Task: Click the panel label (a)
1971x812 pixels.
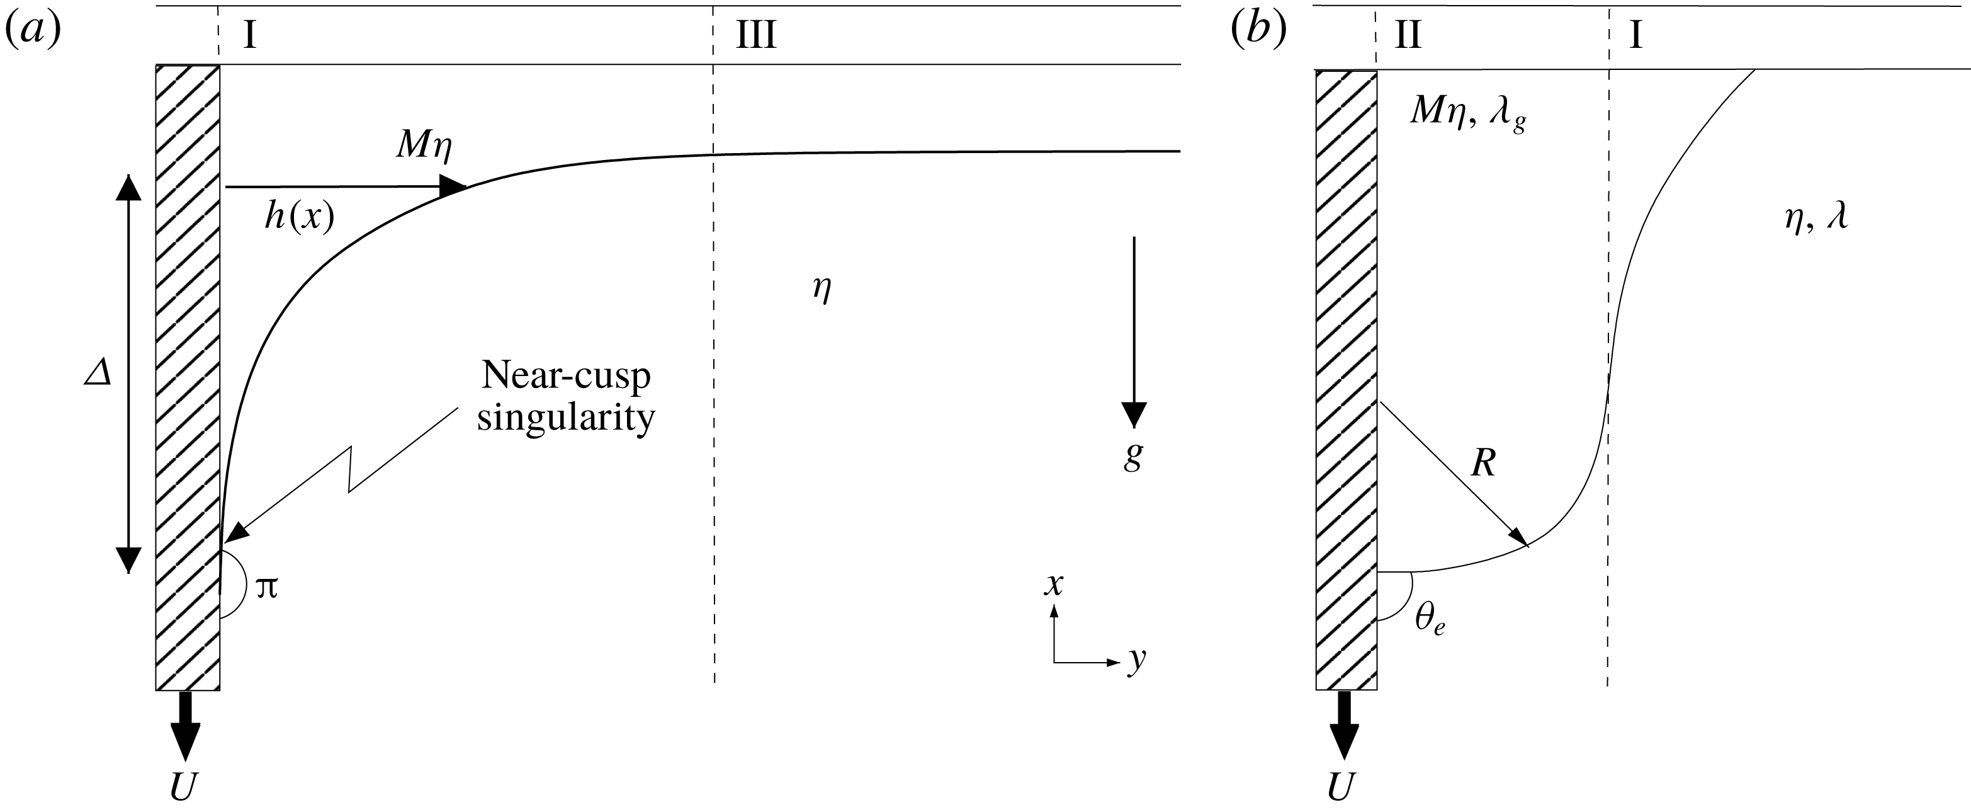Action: tap(33, 32)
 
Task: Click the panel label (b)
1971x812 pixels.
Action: tap(1258, 32)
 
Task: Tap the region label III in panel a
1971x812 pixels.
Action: tap(756, 35)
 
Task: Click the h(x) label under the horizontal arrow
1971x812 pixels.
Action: tap(300, 218)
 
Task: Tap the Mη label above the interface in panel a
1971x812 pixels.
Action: tap(424, 146)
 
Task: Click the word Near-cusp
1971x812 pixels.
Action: tap(566, 376)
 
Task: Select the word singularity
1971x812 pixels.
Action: tap(566, 418)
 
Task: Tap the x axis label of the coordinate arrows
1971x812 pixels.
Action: tap(1054, 585)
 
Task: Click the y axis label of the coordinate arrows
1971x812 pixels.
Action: tap(1137, 659)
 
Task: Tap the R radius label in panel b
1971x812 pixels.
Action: tap(1484, 463)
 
